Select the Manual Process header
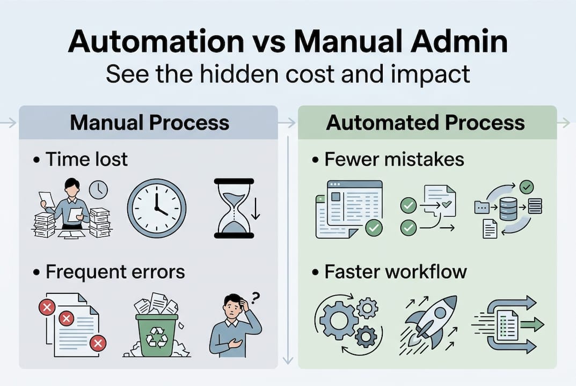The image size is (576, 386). (149, 123)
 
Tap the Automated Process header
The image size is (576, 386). (425, 123)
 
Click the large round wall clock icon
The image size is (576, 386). (157, 208)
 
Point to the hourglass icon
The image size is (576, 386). (234, 208)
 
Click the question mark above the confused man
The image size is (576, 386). (256, 296)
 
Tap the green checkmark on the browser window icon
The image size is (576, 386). (374, 228)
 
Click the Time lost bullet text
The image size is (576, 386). (86, 159)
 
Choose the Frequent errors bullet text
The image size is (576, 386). (115, 272)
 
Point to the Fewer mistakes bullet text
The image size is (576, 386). (394, 159)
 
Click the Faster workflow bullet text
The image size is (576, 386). (395, 272)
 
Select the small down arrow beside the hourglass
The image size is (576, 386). (256, 211)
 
